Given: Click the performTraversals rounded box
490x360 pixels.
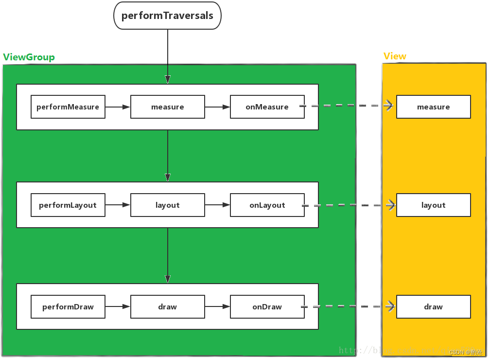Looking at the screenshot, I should tap(167, 16).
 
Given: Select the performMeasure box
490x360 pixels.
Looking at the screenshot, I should tap(68, 107).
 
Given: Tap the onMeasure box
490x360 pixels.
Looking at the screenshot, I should tap(267, 107).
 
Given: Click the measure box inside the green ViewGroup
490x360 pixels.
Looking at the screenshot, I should tap(167, 107).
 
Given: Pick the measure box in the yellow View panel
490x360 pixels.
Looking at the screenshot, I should tap(433, 107).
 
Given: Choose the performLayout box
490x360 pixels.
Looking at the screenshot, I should tap(68, 205).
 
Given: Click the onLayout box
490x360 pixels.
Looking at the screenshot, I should tap(267, 205).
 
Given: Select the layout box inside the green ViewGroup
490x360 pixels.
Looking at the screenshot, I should tap(167, 205).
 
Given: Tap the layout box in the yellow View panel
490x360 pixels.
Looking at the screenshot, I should tap(433, 205).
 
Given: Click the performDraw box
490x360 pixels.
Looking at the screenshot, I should tap(68, 307).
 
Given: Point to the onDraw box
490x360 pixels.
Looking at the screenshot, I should tap(267, 307).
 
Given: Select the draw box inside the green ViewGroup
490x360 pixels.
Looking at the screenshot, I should tap(167, 307).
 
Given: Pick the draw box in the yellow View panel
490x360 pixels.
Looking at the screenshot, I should tap(433, 307).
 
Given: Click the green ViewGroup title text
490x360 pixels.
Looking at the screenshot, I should tap(29, 57).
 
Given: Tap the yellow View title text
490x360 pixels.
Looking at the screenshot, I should tap(395, 56).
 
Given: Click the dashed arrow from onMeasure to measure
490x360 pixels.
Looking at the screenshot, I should tap(348, 106).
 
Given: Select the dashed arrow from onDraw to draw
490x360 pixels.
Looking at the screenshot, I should tap(348, 306).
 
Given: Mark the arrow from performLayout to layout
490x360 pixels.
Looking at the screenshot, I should tap(118, 205).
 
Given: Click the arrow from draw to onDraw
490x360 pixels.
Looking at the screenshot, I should tap(217, 307).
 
